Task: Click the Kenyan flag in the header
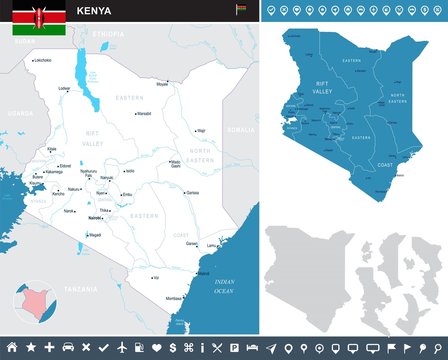(x=38, y=17)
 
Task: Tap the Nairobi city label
(x=96, y=217)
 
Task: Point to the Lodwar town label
(x=65, y=88)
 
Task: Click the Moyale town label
(x=163, y=84)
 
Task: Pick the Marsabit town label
(x=144, y=113)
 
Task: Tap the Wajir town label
(x=200, y=130)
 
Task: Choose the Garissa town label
(x=192, y=192)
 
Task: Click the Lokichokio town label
(x=42, y=60)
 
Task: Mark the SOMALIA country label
(x=240, y=130)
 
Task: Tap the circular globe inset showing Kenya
(x=29, y=300)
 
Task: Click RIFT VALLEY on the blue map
(x=322, y=87)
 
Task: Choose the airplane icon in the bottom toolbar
(x=122, y=346)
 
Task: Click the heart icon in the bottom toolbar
(x=157, y=346)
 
